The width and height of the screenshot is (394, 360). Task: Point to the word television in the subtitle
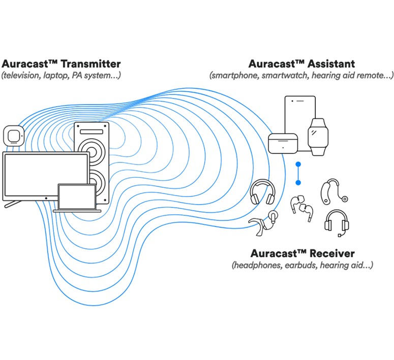pyautogui.click(x=22, y=76)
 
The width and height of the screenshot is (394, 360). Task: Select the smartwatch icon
pyautogui.click(x=318, y=136)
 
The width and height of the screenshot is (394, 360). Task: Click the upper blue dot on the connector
pyautogui.click(x=298, y=165)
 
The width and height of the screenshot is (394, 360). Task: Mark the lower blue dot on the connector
pyautogui.click(x=298, y=182)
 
